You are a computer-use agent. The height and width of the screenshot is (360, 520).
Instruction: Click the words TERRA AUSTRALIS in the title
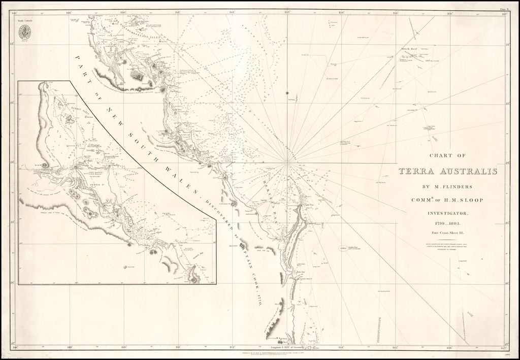coord(448,172)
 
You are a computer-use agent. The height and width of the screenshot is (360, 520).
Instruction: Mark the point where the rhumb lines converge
coord(287,163)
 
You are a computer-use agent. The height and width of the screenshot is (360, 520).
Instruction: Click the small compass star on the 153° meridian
coord(287,93)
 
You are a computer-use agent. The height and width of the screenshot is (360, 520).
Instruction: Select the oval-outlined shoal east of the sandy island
coord(343,248)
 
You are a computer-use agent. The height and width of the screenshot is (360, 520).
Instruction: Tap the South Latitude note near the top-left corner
coord(25,20)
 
